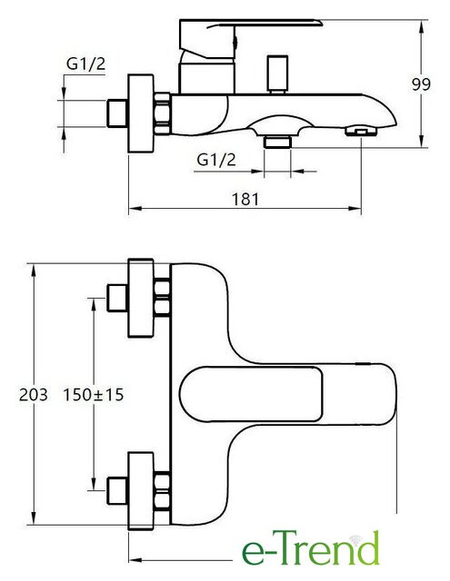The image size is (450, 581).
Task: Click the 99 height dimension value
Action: click(x=421, y=84)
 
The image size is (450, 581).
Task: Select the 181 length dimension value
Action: click(x=245, y=199)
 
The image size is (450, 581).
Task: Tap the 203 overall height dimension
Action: click(x=34, y=395)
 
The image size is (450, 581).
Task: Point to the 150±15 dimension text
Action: click(x=94, y=395)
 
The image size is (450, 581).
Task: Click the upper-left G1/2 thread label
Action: click(x=85, y=64)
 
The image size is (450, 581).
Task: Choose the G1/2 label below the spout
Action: click(x=216, y=160)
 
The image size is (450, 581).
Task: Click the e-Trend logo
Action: click(x=311, y=547)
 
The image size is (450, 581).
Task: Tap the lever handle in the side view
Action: click(x=251, y=39)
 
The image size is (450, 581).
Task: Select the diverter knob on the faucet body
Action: click(x=277, y=74)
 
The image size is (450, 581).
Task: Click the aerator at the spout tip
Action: click(x=361, y=132)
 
